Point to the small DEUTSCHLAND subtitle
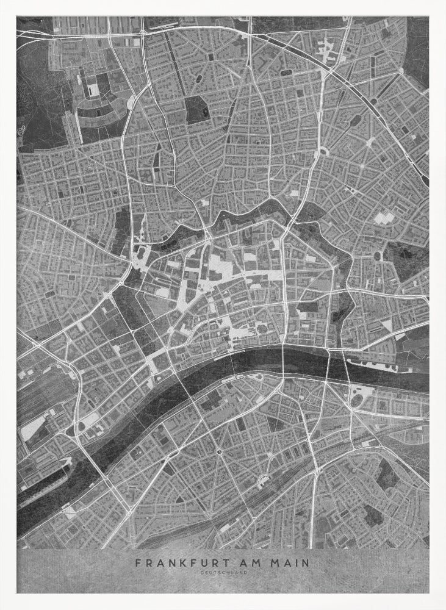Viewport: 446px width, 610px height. click(x=223, y=573)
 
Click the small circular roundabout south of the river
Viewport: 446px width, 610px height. click(x=218, y=451)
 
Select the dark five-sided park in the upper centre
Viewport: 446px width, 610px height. click(x=196, y=109)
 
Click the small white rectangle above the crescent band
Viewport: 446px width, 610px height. click(x=94, y=90)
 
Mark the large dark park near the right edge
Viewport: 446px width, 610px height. click(x=406, y=259)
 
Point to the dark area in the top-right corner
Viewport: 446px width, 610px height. click(x=418, y=49)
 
